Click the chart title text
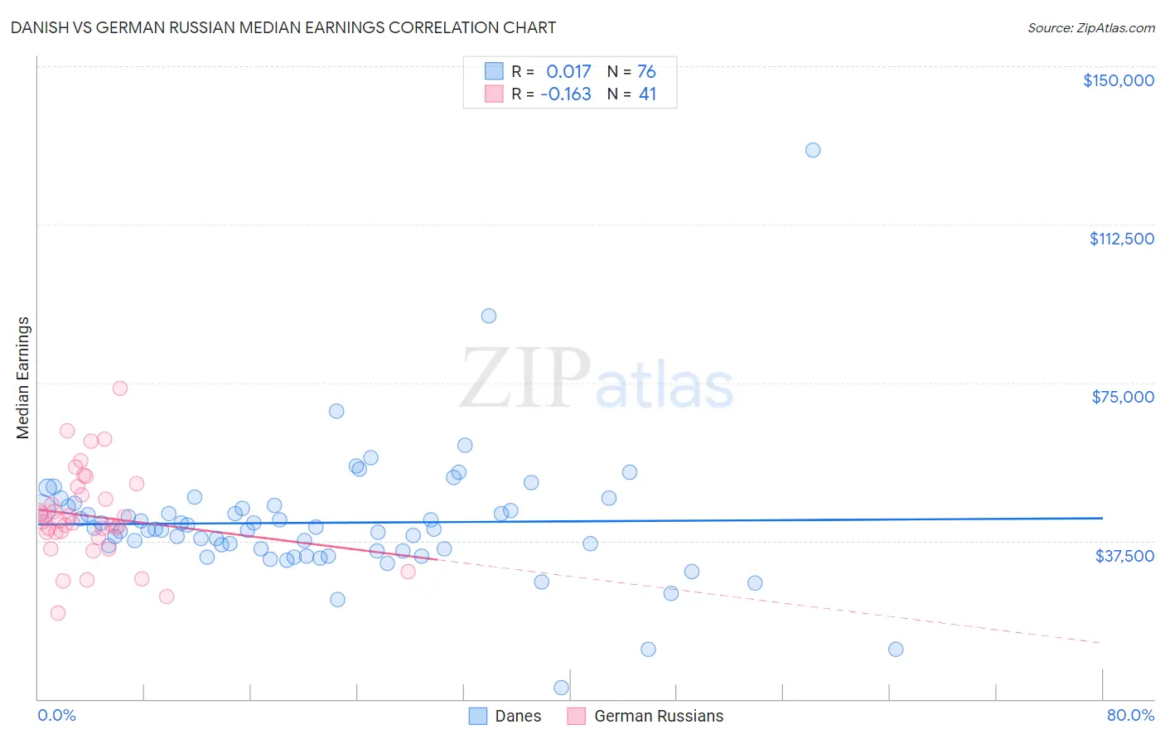pyautogui.click(x=283, y=27)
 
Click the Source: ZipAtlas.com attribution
pyautogui.click(x=1090, y=27)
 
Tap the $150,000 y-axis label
pyautogui.click(x=1118, y=80)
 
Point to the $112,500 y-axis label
pyautogui.click(x=1121, y=239)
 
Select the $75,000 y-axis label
pyautogui.click(x=1123, y=397)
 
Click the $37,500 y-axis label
pyautogui.click(x=1124, y=556)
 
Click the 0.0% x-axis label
pyautogui.click(x=56, y=715)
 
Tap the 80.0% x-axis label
pyautogui.click(x=1130, y=715)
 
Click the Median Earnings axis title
pyautogui.click(x=23, y=378)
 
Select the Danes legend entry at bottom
pyautogui.click(x=505, y=716)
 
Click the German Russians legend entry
pyautogui.click(x=645, y=716)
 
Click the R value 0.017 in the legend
pyautogui.click(x=568, y=72)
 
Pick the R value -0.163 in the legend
pyautogui.click(x=566, y=94)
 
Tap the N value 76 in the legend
pyautogui.click(x=646, y=72)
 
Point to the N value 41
pyautogui.click(x=647, y=94)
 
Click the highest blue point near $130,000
pyautogui.click(x=813, y=150)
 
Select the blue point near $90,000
pyautogui.click(x=489, y=316)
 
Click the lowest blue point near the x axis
pyautogui.click(x=561, y=688)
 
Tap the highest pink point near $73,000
pyautogui.click(x=120, y=389)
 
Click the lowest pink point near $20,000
pyautogui.click(x=58, y=613)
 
